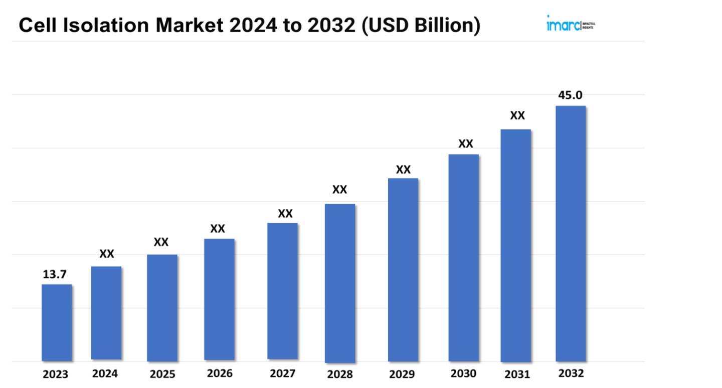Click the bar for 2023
point(57,322)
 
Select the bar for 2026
point(219,299)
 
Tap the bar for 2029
point(403,270)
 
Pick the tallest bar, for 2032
point(571,233)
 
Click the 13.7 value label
point(55,275)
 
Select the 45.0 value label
point(571,95)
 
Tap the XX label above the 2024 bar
point(106,254)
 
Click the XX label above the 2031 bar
point(517,116)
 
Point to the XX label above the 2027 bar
point(285,214)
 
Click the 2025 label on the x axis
point(162,374)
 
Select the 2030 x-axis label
point(464,373)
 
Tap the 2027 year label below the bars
point(282,373)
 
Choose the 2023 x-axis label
point(55,374)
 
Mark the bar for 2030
point(464,257)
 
